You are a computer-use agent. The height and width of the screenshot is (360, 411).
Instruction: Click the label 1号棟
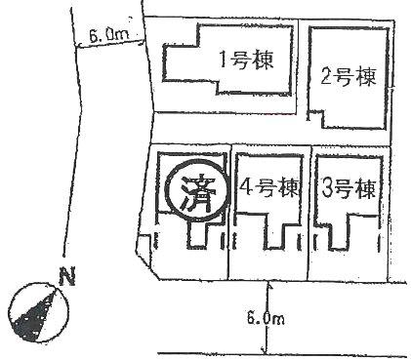tap(245, 59)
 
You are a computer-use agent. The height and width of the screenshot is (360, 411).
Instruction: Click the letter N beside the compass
tap(66, 277)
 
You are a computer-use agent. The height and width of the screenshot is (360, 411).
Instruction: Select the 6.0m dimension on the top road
tap(108, 35)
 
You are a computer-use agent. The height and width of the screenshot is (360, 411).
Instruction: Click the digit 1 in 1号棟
tap(224, 59)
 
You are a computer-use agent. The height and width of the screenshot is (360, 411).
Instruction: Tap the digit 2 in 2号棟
tap(327, 75)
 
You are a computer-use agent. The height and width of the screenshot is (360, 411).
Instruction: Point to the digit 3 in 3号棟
tap(327, 187)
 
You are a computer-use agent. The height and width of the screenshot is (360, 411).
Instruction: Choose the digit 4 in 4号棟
tap(245, 187)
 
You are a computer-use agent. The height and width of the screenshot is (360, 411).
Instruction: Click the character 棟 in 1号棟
tap(268, 59)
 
